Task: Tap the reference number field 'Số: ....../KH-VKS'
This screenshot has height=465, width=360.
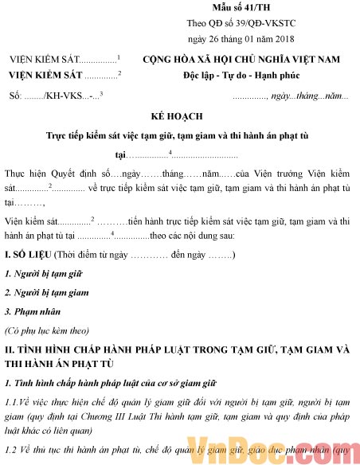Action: [x=48, y=96]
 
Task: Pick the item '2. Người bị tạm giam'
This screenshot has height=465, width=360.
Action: [x=46, y=293]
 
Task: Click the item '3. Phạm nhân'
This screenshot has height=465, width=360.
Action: [x=30, y=311]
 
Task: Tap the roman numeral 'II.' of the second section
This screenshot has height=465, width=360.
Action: [x=10, y=349]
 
